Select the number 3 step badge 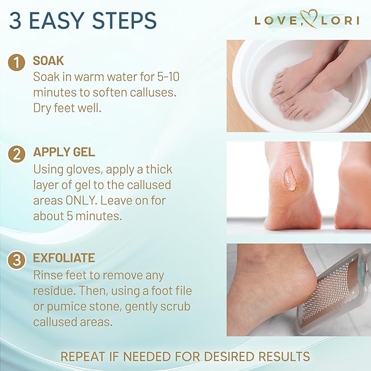click(x=17, y=260)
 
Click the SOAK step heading click(x=49, y=61)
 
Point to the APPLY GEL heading click(x=64, y=152)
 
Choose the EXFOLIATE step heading click(x=64, y=258)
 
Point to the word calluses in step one click(x=148, y=92)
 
